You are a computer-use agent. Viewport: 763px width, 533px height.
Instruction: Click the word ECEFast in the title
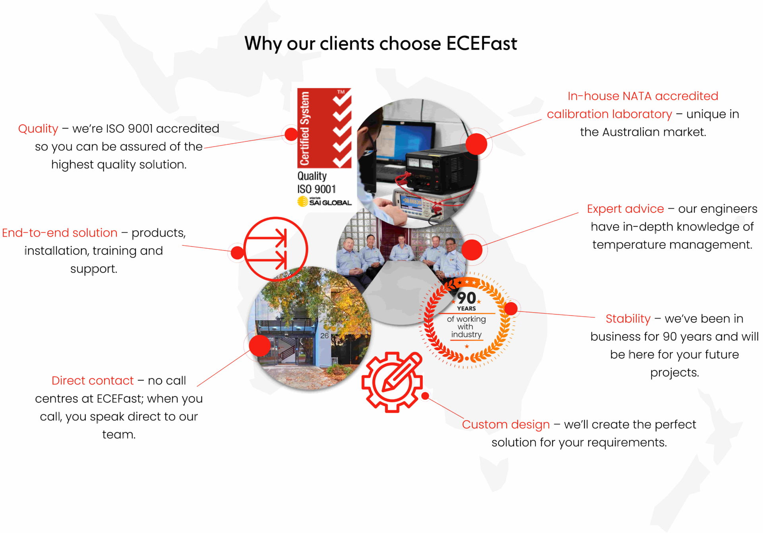[x=482, y=43]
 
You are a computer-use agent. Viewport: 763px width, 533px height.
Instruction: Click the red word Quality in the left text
[x=38, y=129]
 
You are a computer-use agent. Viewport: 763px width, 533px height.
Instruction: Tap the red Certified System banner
[x=324, y=128]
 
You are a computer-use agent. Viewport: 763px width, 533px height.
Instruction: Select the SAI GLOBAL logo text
[x=330, y=203]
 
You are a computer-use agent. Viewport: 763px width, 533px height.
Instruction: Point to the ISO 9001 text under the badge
[x=316, y=189]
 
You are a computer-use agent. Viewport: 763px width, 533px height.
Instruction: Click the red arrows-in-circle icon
[x=276, y=249]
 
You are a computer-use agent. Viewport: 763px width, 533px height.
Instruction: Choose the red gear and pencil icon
[x=392, y=382]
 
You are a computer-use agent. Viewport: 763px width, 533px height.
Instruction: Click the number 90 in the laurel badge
[x=466, y=298]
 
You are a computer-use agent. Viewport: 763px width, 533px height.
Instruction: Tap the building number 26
[x=324, y=336]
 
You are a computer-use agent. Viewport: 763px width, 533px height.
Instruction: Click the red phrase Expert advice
[x=625, y=209]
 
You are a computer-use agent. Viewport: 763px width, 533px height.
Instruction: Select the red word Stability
[x=628, y=319]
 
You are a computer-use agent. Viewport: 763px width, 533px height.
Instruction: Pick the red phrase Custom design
[x=505, y=425]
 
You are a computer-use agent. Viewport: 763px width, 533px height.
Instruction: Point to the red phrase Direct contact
[x=93, y=380]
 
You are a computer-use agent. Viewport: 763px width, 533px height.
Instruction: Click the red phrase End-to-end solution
[x=60, y=233]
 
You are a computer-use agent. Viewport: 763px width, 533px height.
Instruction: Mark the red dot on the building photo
[x=260, y=346]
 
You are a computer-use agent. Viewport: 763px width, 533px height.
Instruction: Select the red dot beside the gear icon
[x=425, y=396]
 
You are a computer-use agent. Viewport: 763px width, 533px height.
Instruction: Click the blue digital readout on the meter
[x=411, y=201]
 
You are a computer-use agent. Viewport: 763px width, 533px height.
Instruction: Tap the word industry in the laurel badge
[x=466, y=334]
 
